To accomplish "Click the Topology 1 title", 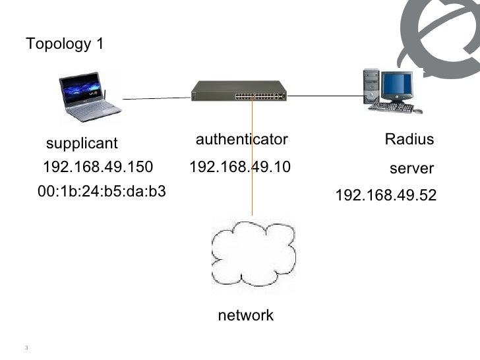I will pyautogui.click(x=65, y=44).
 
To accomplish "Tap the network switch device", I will pyautogui.click(x=239, y=90).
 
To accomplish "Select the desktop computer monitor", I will pyautogui.click(x=398, y=85).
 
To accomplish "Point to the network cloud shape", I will pyautogui.click(x=253, y=252).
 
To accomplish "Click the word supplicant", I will pyautogui.click(x=81, y=143).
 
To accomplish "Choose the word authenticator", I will pyautogui.click(x=242, y=139).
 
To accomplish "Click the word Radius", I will pyautogui.click(x=409, y=139).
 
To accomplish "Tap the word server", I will pyautogui.click(x=411, y=169).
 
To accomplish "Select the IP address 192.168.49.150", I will pyautogui.click(x=98, y=166).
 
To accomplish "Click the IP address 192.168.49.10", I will pyautogui.click(x=239, y=166).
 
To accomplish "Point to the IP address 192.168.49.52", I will pyautogui.click(x=386, y=196).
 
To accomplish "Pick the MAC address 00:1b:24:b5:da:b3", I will pyautogui.click(x=102, y=192).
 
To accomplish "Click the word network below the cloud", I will pyautogui.click(x=245, y=316).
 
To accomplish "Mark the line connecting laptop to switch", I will pyautogui.click(x=156, y=99).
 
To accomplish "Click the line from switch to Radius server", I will pyautogui.click(x=323, y=96).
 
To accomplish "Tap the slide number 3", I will pyautogui.click(x=25, y=349).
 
